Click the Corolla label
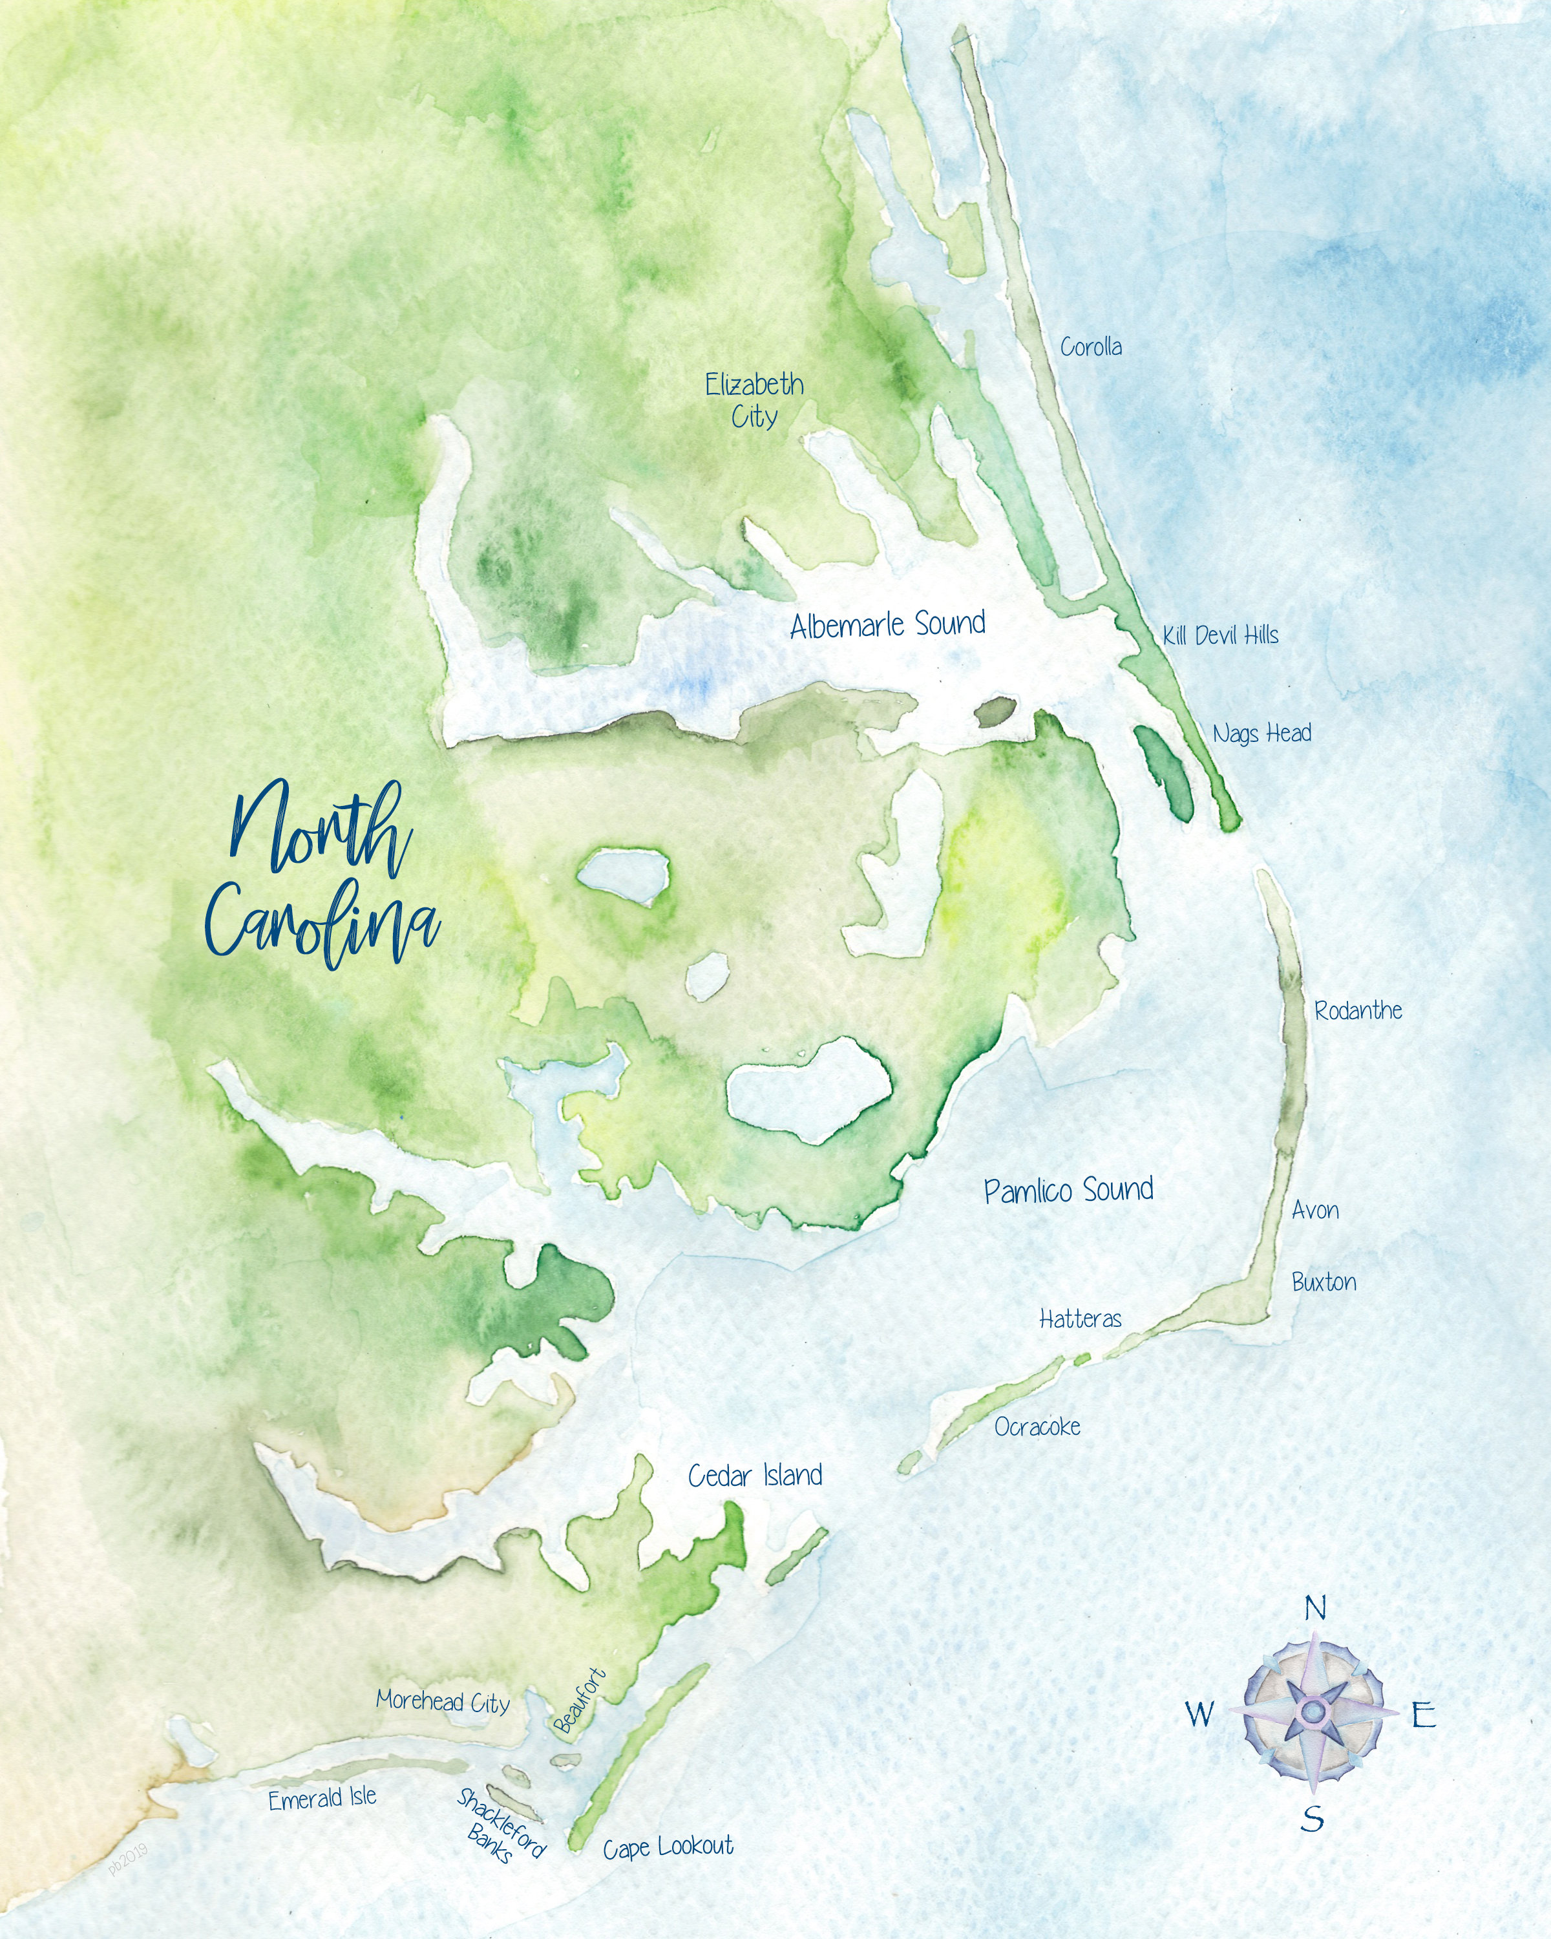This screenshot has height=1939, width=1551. (1091, 346)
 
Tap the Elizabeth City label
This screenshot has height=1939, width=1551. (754, 400)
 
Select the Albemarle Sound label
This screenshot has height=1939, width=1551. (887, 624)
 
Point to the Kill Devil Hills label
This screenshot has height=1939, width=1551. (1220, 635)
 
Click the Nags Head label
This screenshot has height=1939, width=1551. (1261, 733)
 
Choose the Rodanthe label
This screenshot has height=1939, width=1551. (1358, 1011)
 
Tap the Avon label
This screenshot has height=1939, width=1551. (1314, 1211)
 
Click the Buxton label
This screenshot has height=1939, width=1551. (1324, 1282)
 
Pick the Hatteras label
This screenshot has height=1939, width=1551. (1080, 1319)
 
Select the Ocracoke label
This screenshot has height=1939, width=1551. (1037, 1426)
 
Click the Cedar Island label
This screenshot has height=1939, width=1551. (755, 1475)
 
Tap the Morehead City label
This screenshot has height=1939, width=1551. (443, 1701)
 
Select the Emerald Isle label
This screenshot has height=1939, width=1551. (322, 1798)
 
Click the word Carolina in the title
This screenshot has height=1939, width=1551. (322, 924)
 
